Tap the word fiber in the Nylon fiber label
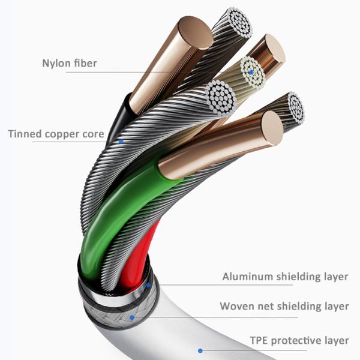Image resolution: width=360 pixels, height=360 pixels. pyautogui.click(x=85, y=63)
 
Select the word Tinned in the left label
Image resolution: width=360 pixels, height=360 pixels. pyautogui.click(x=26, y=134)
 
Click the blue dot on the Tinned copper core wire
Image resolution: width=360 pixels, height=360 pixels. pyautogui.click(x=121, y=142)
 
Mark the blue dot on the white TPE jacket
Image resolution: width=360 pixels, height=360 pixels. pyautogui.click(x=200, y=350)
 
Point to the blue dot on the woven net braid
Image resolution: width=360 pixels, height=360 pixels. pyautogui.click(x=131, y=316)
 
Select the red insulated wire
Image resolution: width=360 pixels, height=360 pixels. pyautogui.click(x=135, y=258)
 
